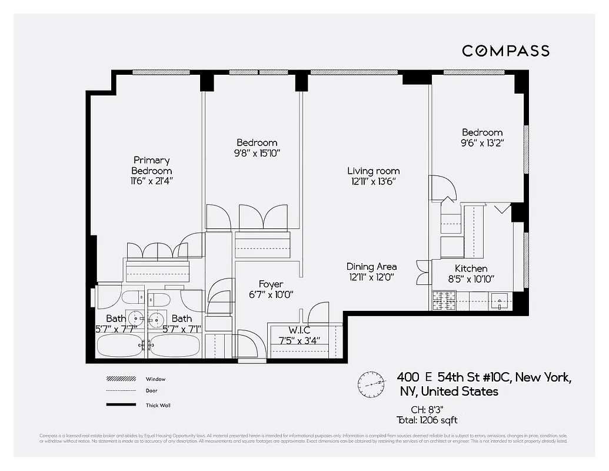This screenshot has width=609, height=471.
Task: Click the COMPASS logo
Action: [x=505, y=51]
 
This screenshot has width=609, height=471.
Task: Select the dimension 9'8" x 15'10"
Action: [x=257, y=153]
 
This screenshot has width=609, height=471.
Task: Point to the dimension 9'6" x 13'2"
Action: [x=482, y=143]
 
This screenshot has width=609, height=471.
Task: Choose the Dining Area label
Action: [x=371, y=267]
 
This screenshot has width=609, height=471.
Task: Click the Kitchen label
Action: [x=467, y=268]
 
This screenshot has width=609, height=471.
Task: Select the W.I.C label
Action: [x=299, y=330]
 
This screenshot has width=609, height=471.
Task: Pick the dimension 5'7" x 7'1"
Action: [x=182, y=329]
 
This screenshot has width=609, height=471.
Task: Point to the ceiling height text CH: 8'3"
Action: [x=427, y=410]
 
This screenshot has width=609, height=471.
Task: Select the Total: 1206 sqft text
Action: [x=427, y=420]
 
